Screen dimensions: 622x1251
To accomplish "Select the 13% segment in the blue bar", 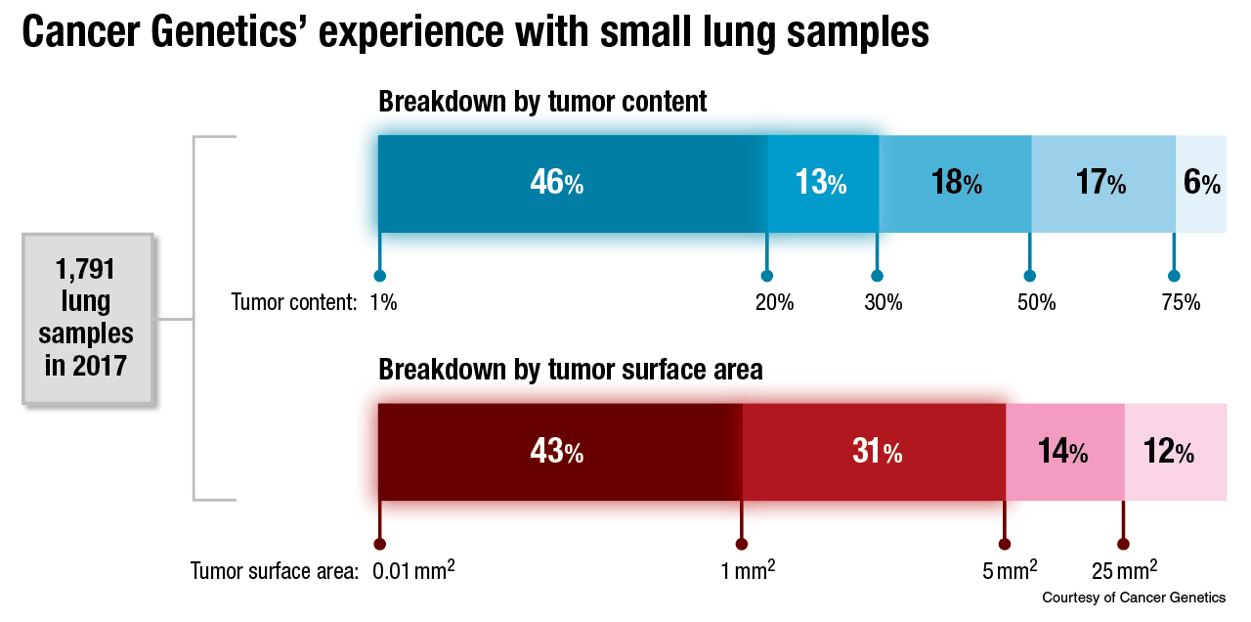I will click(x=822, y=183).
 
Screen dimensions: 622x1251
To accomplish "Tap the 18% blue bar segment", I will click(x=955, y=183).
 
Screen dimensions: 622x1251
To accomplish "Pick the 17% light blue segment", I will click(x=1102, y=183).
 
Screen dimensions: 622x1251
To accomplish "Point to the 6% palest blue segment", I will click(x=1200, y=183).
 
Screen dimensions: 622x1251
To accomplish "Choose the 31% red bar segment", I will click(x=874, y=452).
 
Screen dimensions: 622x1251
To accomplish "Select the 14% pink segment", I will click(x=1064, y=452).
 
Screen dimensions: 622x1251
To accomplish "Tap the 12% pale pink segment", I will click(x=1176, y=452).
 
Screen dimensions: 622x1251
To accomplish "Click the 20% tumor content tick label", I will click(x=774, y=302).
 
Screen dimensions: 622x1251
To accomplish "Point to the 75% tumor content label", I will click(x=1181, y=302).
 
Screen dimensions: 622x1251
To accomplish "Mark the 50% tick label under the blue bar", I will click(x=1036, y=302).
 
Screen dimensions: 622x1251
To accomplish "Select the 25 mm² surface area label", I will click(x=1125, y=570).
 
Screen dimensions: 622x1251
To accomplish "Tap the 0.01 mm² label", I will click(x=413, y=570).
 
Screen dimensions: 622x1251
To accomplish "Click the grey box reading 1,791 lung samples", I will click(x=86, y=318).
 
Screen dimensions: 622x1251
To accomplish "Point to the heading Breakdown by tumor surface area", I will click(x=571, y=370).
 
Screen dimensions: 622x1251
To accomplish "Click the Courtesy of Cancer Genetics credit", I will click(x=1134, y=597).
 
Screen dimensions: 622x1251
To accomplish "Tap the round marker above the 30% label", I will click(x=878, y=276).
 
